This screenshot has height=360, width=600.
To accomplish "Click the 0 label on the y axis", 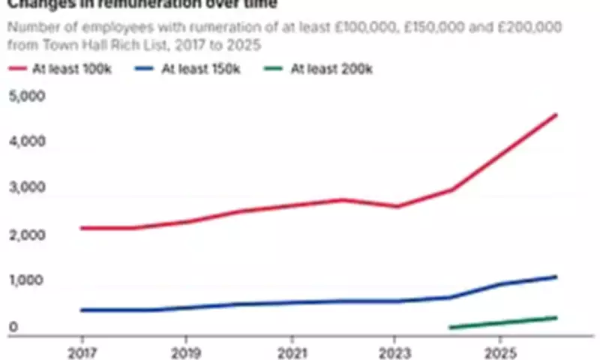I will coord(13,327).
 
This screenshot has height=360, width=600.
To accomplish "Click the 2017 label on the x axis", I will coord(80,351).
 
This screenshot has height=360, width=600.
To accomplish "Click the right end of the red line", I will coord(556,115).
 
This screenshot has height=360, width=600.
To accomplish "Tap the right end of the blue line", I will coord(556,277).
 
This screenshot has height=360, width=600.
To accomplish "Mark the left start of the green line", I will coord(449,328).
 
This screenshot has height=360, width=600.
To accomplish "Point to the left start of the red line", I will coord(80,228).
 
